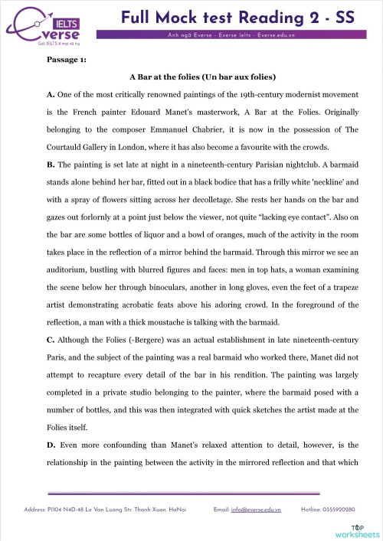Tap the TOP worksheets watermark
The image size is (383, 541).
[x=357, y=530]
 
